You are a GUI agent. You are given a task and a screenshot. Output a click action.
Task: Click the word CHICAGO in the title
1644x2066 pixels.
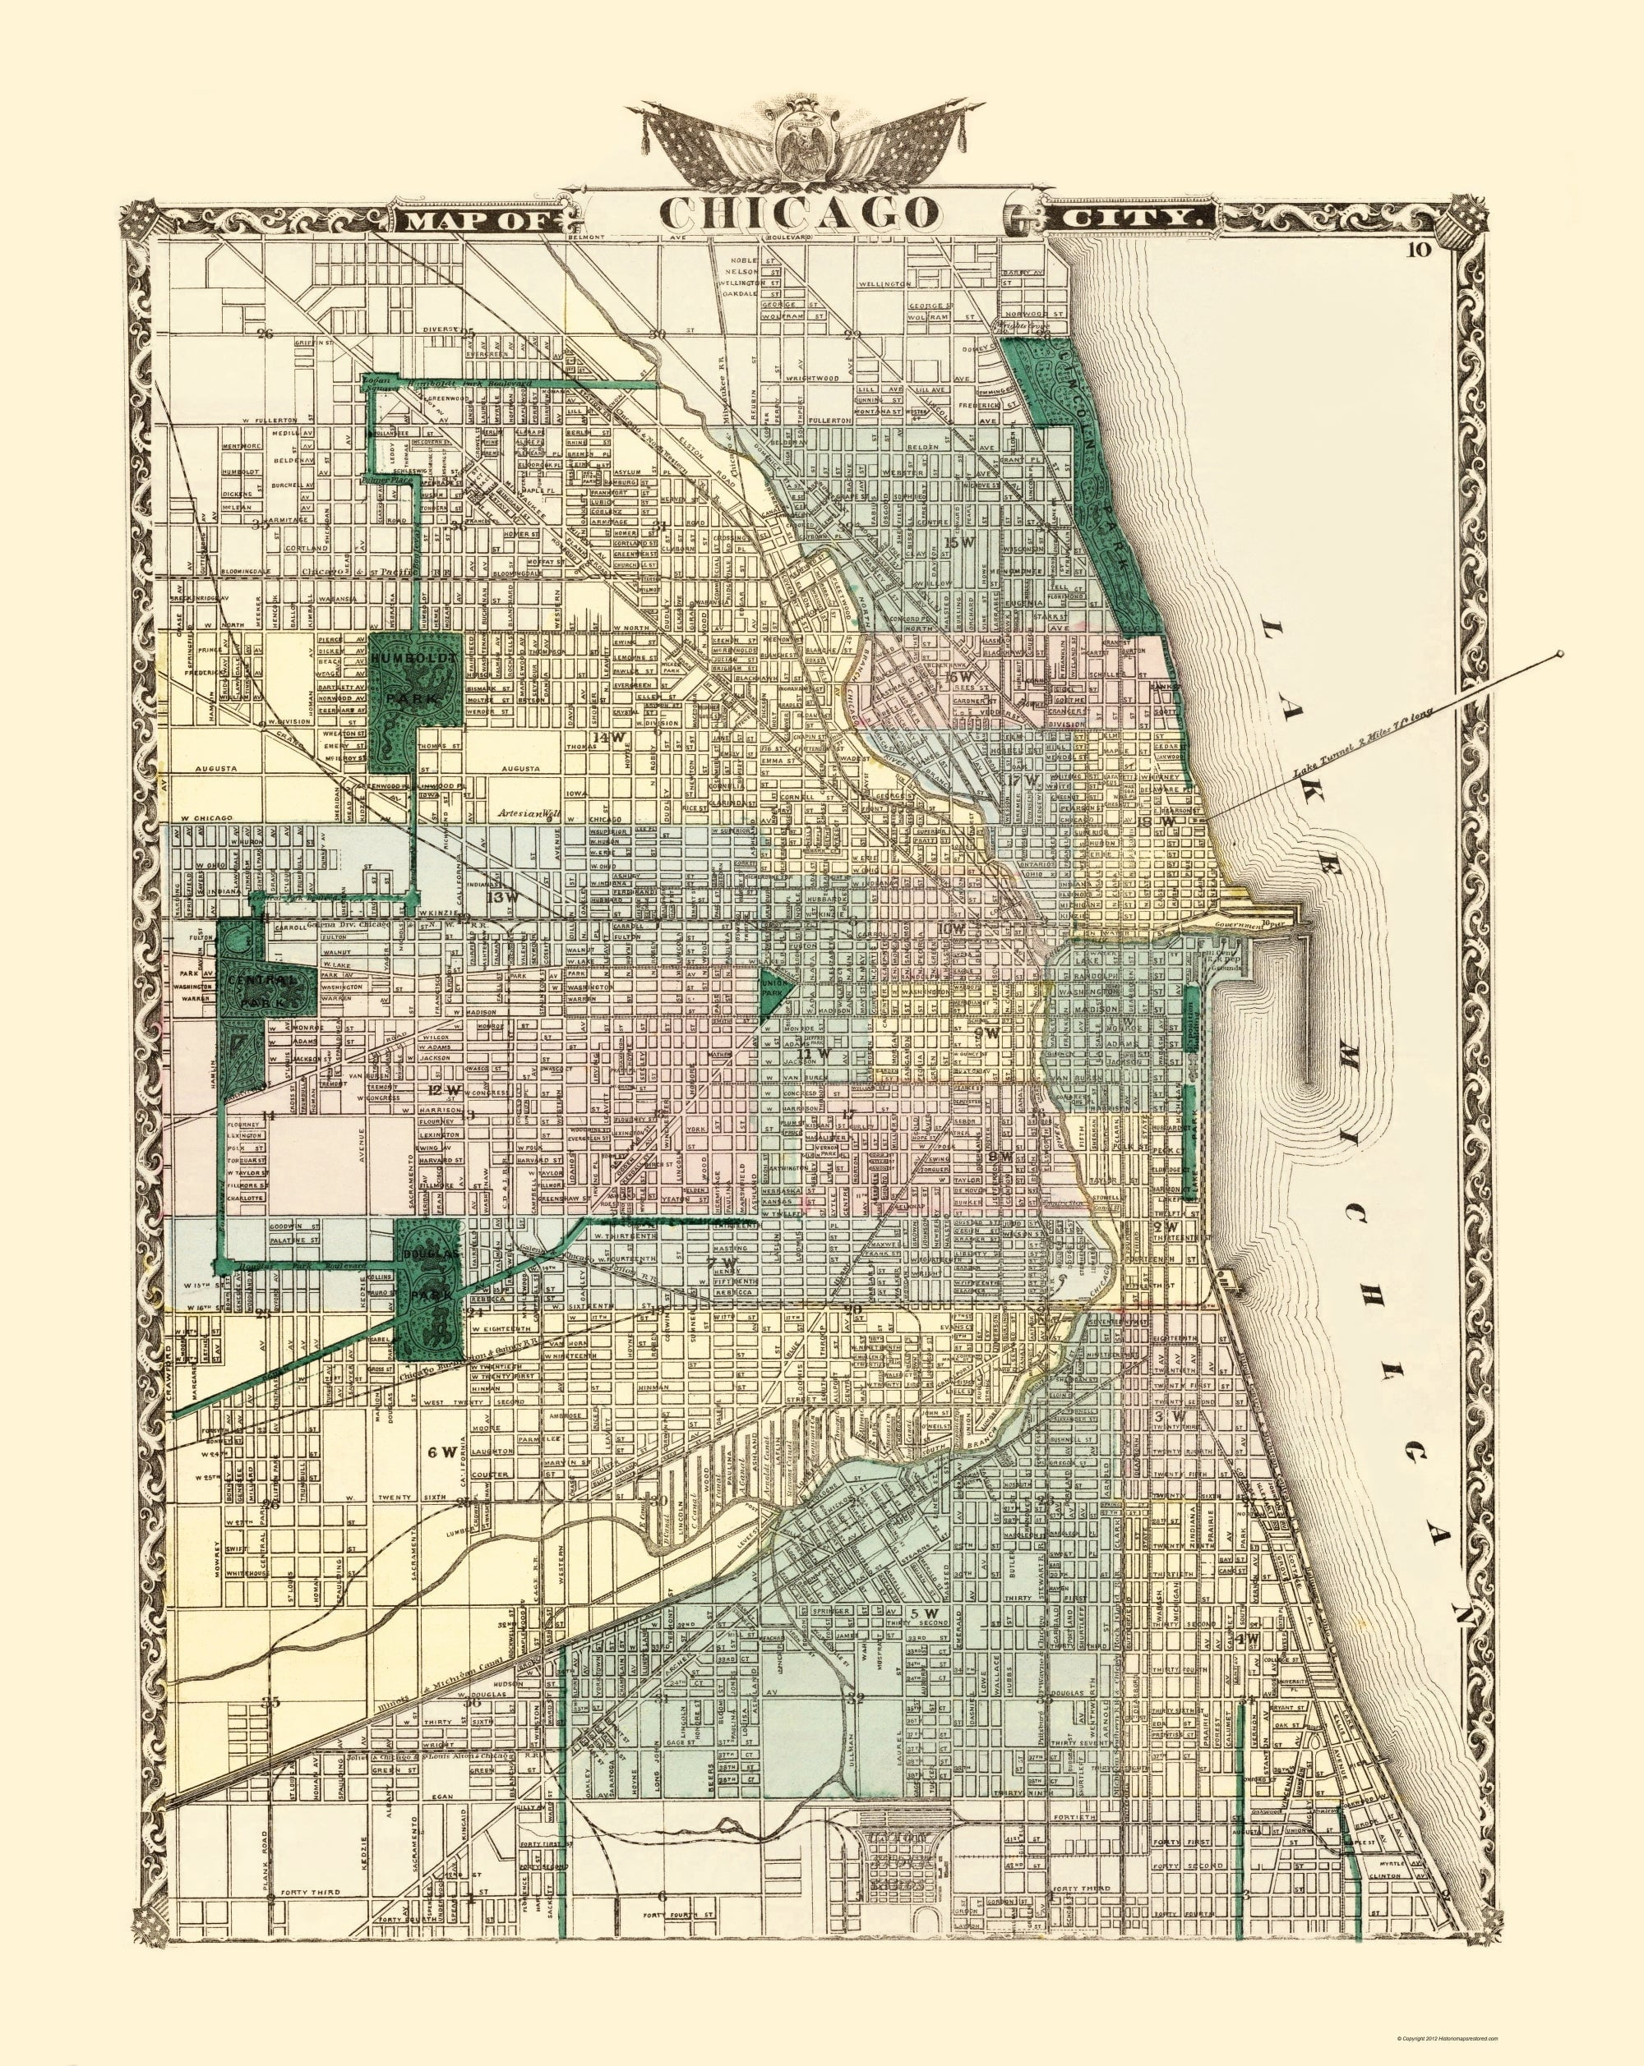(797, 213)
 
